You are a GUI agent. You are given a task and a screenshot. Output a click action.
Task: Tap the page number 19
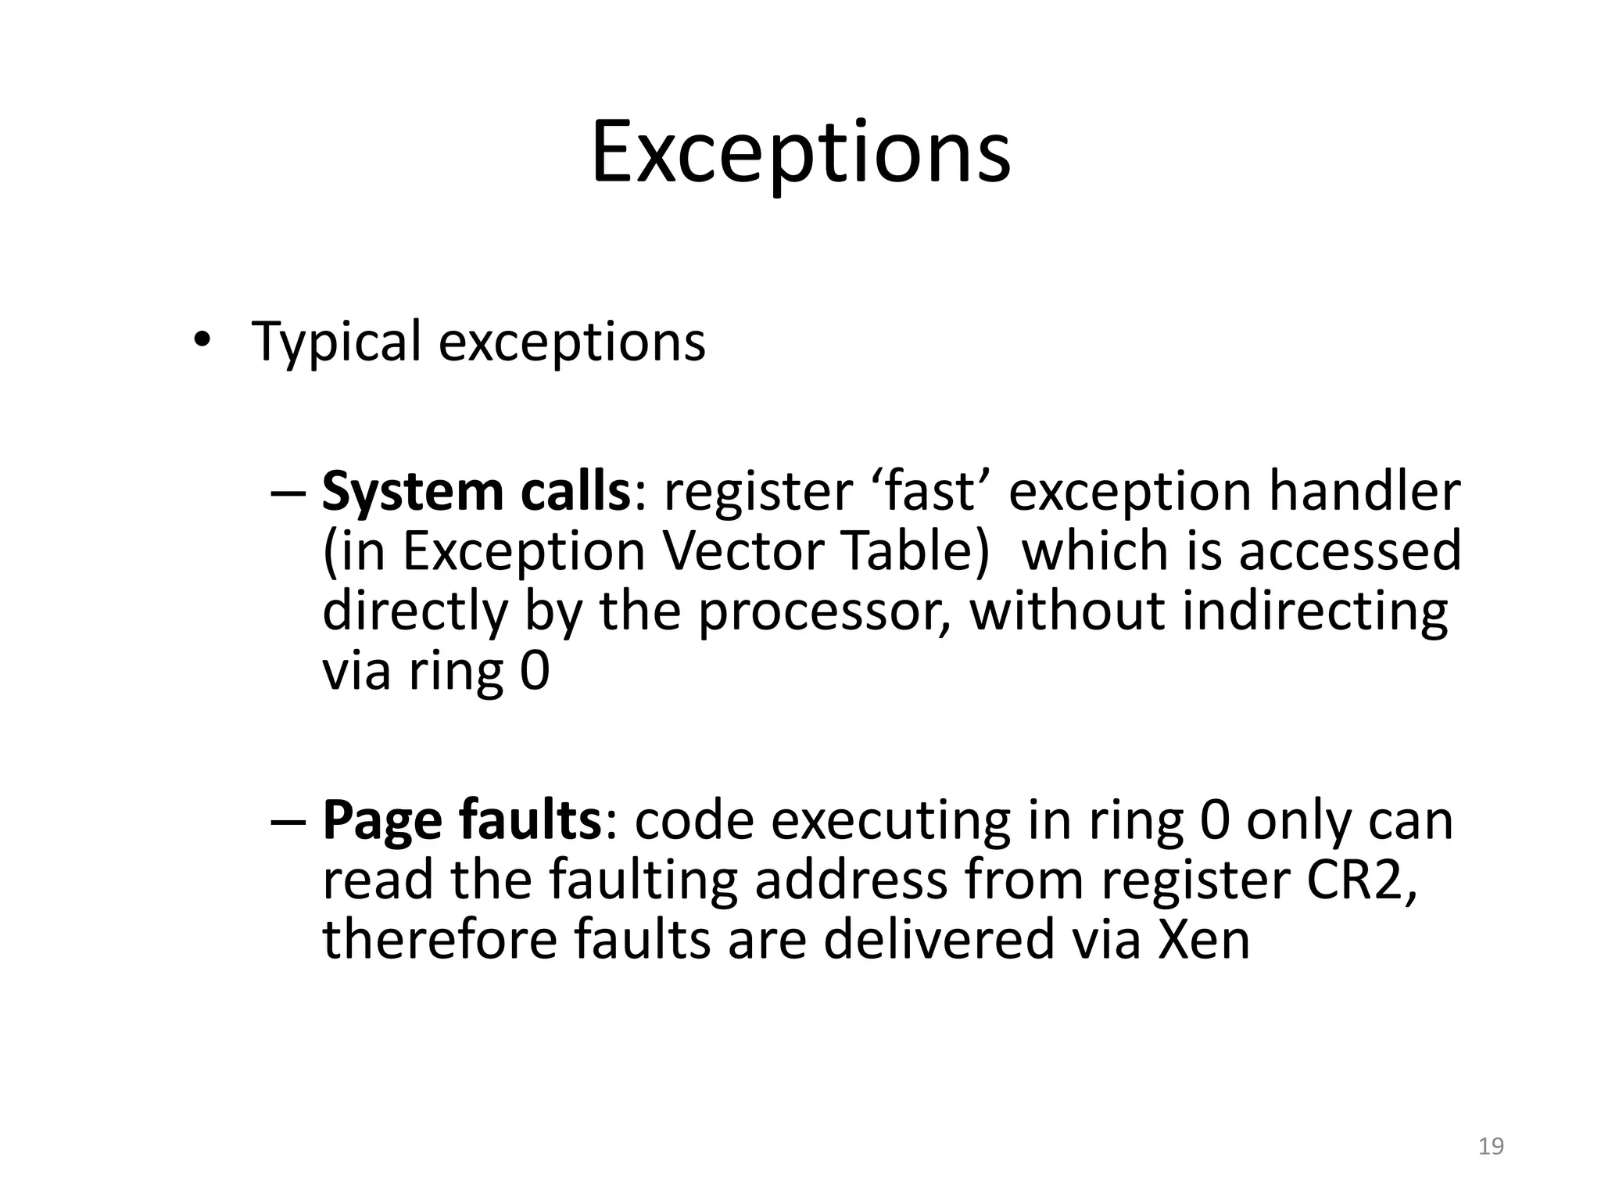1491,1146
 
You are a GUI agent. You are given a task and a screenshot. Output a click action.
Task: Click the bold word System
412,493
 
